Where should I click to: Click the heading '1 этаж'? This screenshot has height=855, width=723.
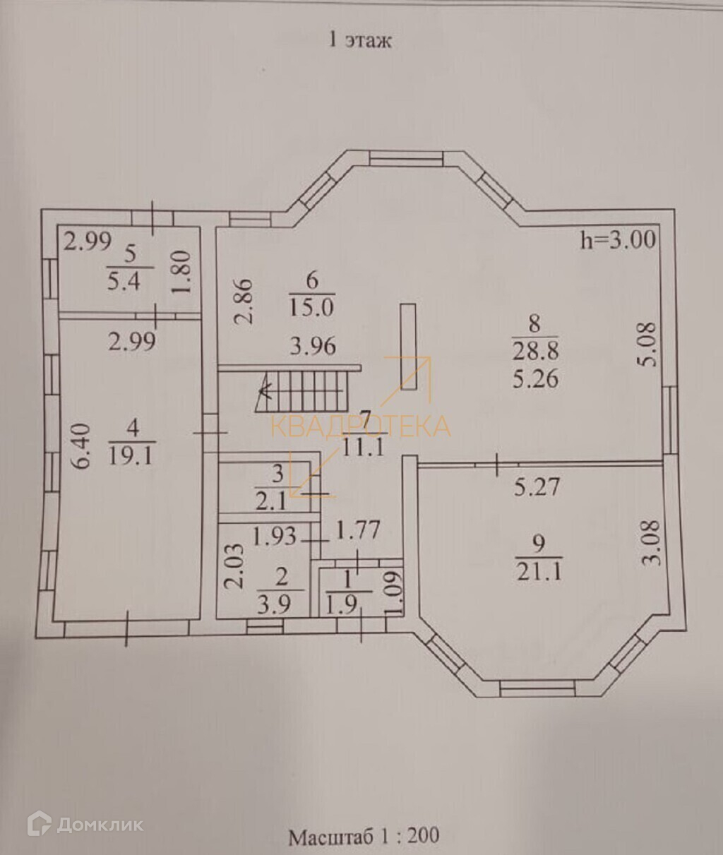tap(360, 40)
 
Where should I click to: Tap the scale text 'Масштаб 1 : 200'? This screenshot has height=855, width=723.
tap(364, 837)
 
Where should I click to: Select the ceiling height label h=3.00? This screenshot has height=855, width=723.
tap(618, 240)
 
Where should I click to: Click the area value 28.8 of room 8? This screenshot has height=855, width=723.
tap(534, 351)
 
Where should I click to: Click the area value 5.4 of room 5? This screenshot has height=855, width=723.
tap(124, 282)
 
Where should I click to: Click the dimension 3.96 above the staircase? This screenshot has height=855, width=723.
tap(313, 347)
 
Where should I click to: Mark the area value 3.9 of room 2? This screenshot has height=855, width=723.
tap(280, 604)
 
